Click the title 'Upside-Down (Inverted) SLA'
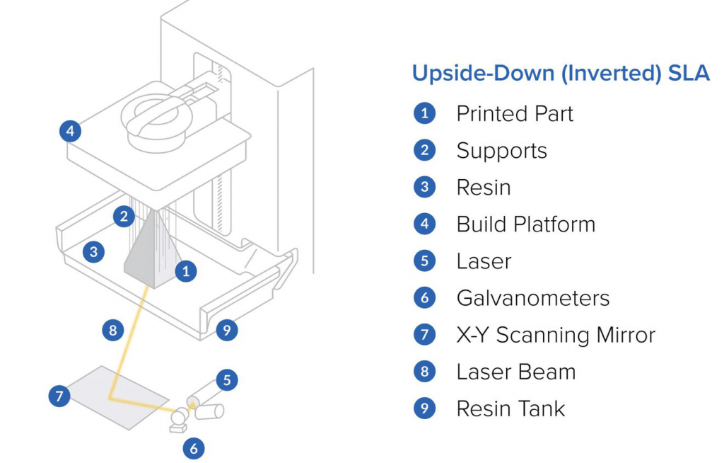[x=561, y=74]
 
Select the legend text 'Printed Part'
[x=514, y=114]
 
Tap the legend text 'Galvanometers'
[x=532, y=298]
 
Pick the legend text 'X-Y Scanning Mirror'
[x=556, y=335]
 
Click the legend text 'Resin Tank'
[x=510, y=408]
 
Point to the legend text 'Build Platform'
[x=525, y=224]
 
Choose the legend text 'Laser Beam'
[x=515, y=372]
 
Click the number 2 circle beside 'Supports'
[x=424, y=150]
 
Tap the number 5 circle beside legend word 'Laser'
[x=424, y=261]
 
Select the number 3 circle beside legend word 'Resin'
[x=424, y=187]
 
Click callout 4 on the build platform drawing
[x=69, y=131]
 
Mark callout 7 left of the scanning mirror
[x=59, y=396]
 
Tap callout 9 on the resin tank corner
[x=226, y=329]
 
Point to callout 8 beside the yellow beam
[x=112, y=330]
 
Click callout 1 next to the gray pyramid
[x=185, y=270]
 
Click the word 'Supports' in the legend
[x=501, y=151]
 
